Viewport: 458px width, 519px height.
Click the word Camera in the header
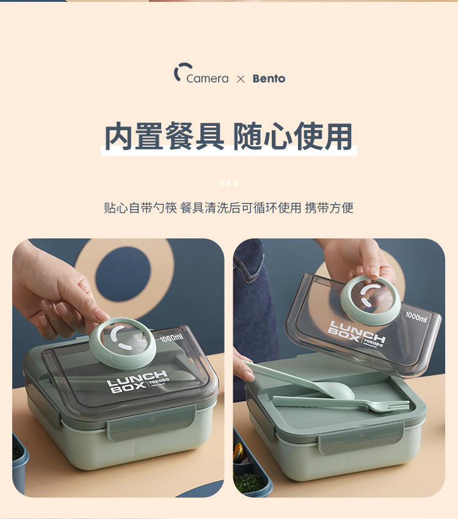tap(207, 79)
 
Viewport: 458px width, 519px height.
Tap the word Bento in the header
tap(269, 79)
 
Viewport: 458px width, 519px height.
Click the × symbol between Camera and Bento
tap(241, 79)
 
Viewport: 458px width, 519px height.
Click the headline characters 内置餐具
tap(164, 137)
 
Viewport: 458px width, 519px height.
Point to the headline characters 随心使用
tap(293, 137)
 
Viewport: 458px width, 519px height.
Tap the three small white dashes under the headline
tap(228, 183)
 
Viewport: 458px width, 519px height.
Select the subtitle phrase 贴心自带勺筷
tap(140, 208)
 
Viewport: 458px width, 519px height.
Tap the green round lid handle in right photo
tap(370, 300)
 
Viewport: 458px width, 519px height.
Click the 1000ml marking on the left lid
tap(171, 337)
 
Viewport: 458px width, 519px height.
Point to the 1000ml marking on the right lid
tap(416, 318)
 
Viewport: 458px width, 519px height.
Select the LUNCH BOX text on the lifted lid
tap(357, 331)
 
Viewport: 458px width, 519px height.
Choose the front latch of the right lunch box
tap(360, 438)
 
